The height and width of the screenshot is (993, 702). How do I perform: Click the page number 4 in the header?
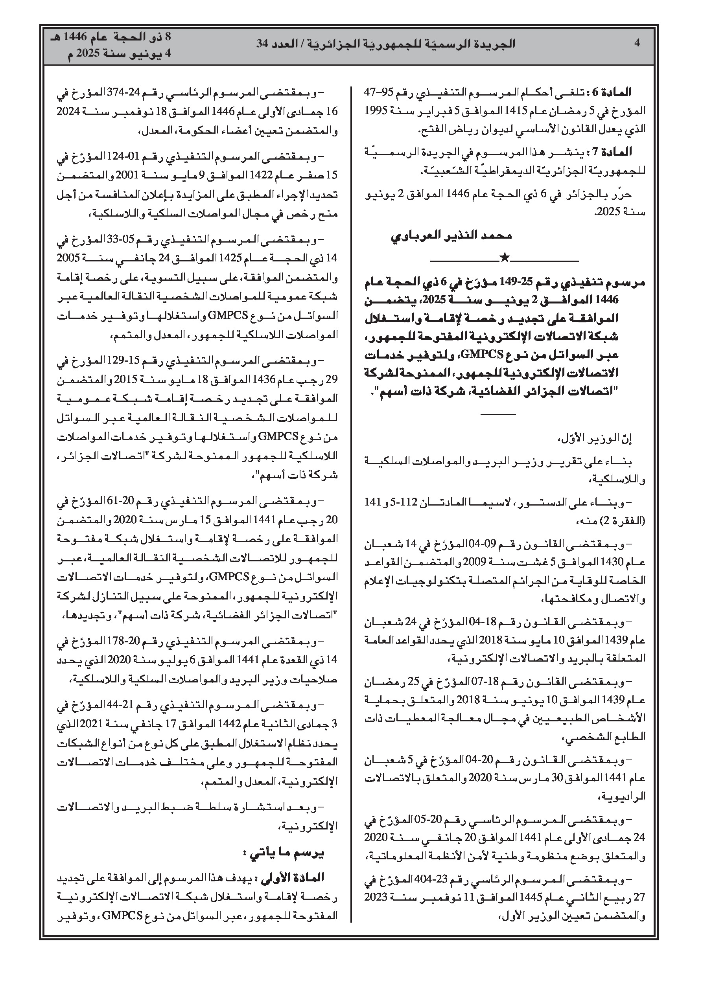[x=637, y=43]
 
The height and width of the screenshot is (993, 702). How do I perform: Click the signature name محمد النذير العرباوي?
[x=451, y=236]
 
